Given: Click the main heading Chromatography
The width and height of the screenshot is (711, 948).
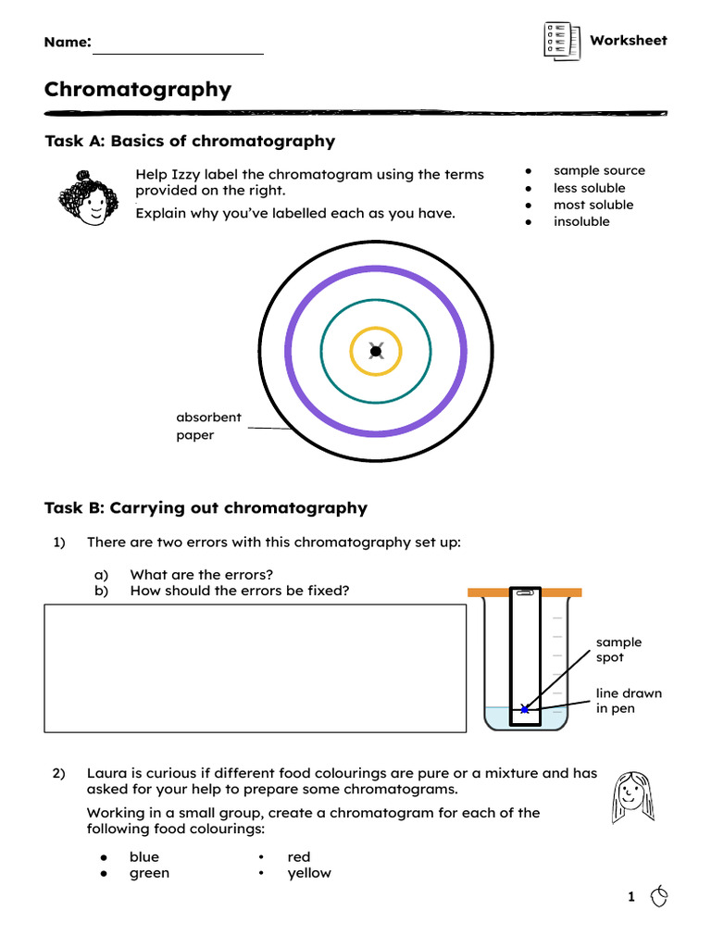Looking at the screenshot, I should (138, 90).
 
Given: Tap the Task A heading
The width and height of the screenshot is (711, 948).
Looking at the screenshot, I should (190, 142).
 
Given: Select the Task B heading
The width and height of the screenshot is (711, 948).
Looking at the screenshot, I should (206, 508).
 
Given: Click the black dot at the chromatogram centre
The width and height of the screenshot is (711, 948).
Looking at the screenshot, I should (376, 351).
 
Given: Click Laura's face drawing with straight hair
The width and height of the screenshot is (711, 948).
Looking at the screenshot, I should (632, 796).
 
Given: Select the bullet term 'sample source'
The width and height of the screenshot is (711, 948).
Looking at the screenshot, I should (599, 170).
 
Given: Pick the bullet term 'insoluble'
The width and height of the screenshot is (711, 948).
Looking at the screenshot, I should (581, 222).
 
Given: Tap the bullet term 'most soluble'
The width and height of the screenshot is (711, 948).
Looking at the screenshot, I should (593, 205).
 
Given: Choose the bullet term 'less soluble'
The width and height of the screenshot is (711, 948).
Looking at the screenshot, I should (589, 188).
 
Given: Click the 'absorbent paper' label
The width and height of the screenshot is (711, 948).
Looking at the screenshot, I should (208, 426).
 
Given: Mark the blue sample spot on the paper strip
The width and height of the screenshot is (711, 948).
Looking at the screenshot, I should (525, 709).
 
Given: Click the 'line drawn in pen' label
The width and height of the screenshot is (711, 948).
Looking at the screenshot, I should (629, 701).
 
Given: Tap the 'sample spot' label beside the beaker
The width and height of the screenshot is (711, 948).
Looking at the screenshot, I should (618, 649).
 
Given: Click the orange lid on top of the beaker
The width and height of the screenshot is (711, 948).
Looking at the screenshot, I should (525, 592).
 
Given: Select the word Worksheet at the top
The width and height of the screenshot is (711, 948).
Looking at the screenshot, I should (629, 40).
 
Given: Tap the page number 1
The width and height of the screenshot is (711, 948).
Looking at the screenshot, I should (631, 896).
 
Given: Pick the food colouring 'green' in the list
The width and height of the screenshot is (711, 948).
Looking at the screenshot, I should (149, 873).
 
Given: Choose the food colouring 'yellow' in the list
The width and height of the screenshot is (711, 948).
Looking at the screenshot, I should (309, 873).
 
